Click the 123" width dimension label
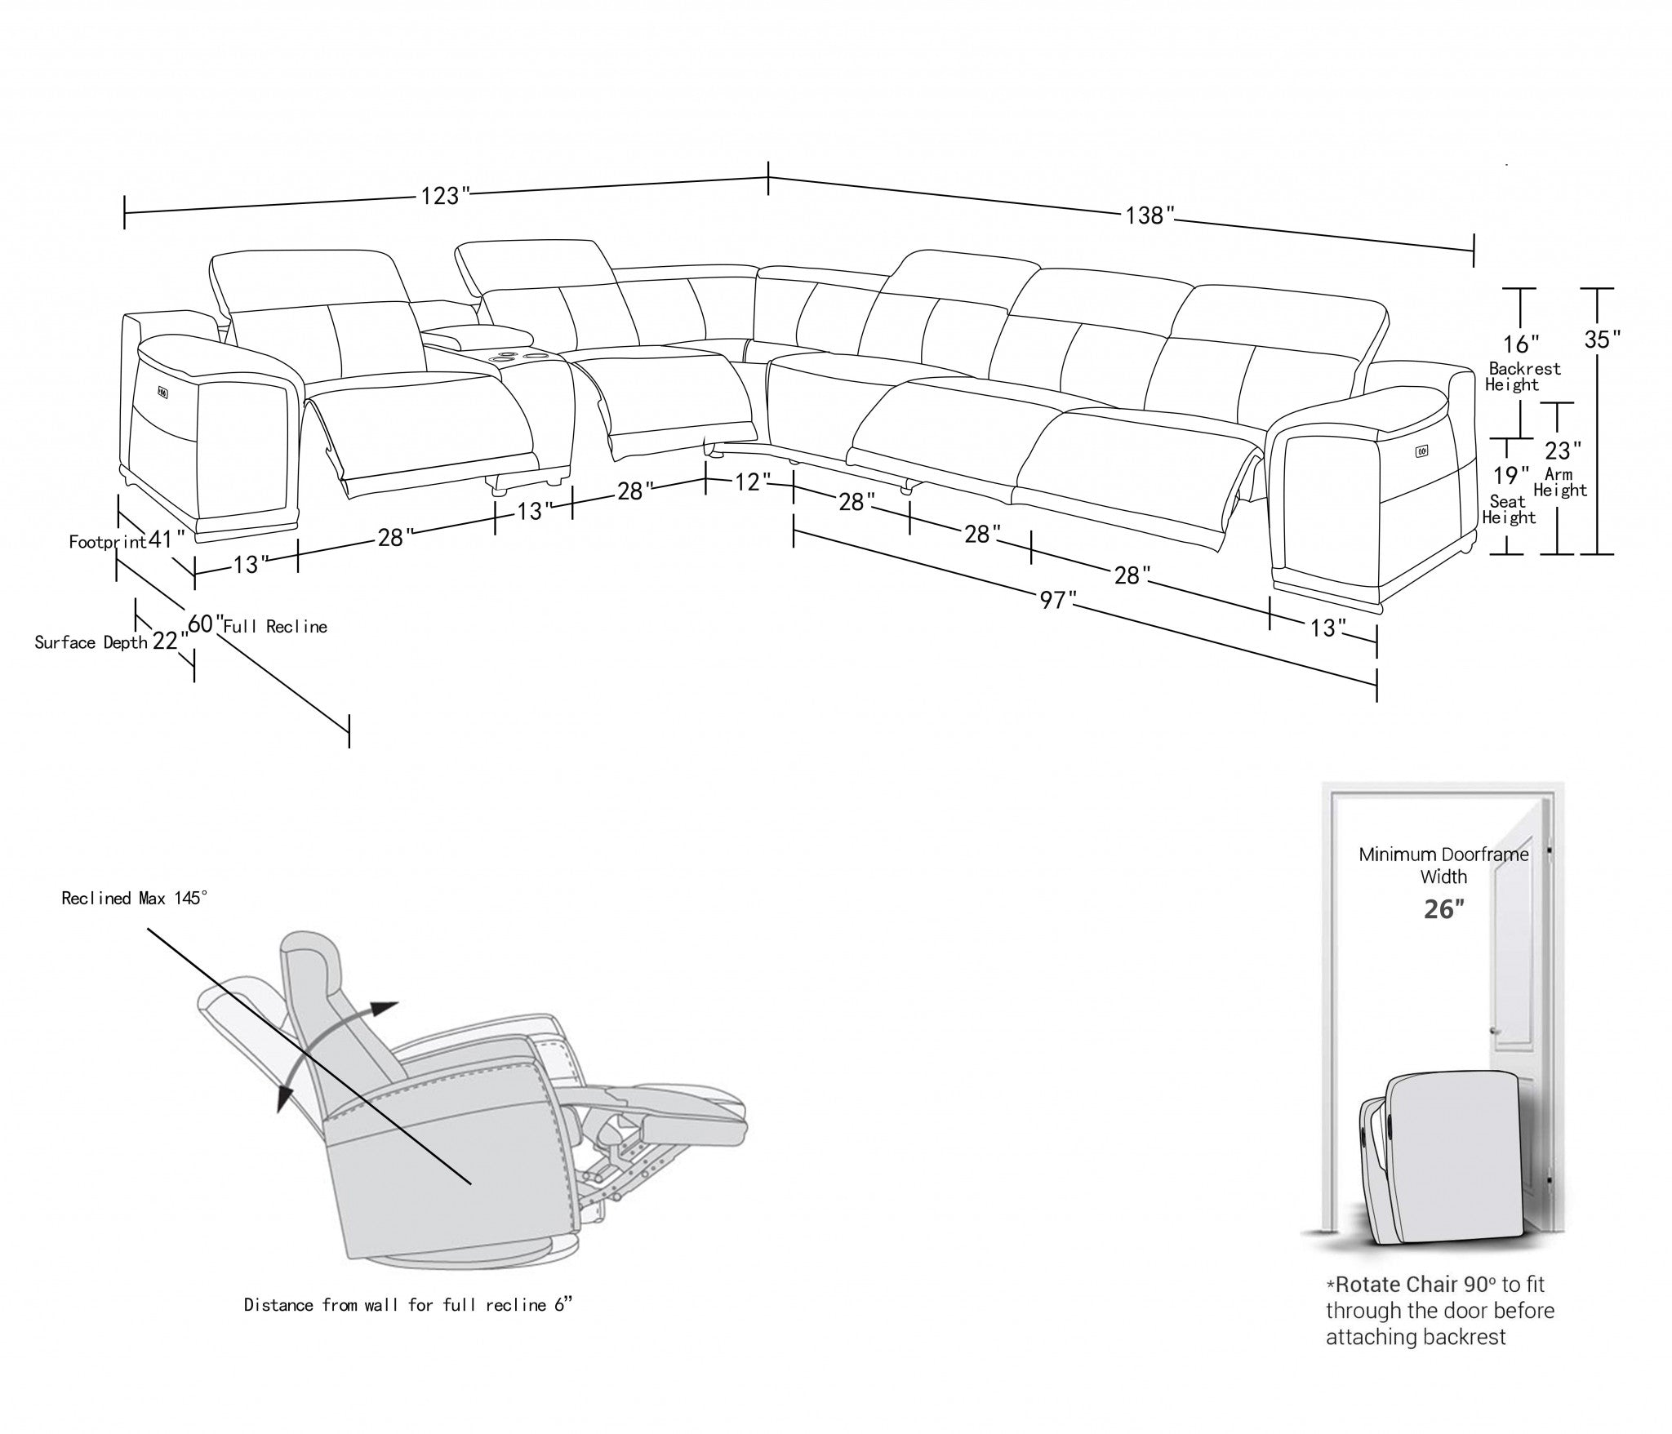click(445, 197)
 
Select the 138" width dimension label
click(1149, 215)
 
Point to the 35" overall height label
click(1603, 340)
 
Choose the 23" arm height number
click(1563, 451)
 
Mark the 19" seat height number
click(1511, 475)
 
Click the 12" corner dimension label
click(747, 482)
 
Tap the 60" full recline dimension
click(205, 624)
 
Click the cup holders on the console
click(508, 355)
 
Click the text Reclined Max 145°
click(135, 899)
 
